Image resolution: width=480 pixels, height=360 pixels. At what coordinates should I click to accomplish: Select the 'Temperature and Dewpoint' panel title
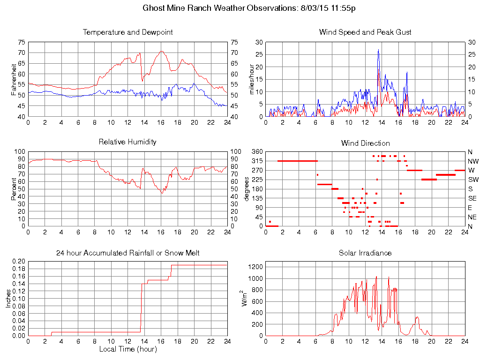tap(127, 32)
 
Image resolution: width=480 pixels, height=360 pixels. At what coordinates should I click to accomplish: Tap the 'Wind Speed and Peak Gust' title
tap(365, 32)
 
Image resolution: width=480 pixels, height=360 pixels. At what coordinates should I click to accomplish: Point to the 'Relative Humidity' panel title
tap(127, 142)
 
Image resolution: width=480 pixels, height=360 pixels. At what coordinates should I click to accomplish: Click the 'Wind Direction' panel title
tap(365, 143)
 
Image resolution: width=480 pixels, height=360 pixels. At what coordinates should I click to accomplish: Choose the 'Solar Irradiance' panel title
tap(365, 253)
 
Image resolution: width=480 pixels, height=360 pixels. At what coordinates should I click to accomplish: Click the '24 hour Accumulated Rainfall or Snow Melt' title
tap(127, 253)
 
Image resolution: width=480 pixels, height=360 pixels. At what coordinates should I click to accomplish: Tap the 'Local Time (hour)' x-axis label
tap(127, 349)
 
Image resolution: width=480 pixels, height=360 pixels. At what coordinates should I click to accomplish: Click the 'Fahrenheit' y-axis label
tap(14, 79)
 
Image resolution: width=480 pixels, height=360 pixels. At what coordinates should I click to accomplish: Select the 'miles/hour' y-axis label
tap(251, 79)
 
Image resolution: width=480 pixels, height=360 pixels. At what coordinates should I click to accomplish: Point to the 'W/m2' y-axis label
tap(245, 299)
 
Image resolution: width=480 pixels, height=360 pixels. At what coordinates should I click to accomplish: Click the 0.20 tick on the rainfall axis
tap(18, 261)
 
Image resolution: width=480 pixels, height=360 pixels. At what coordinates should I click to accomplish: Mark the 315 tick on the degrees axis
tap(257, 161)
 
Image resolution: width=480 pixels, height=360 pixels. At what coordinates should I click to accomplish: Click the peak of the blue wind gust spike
tap(378, 50)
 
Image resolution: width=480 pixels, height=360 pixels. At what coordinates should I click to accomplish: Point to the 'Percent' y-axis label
tap(14, 188)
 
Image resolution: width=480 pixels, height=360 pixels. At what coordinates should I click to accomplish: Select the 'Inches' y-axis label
tap(8, 299)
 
